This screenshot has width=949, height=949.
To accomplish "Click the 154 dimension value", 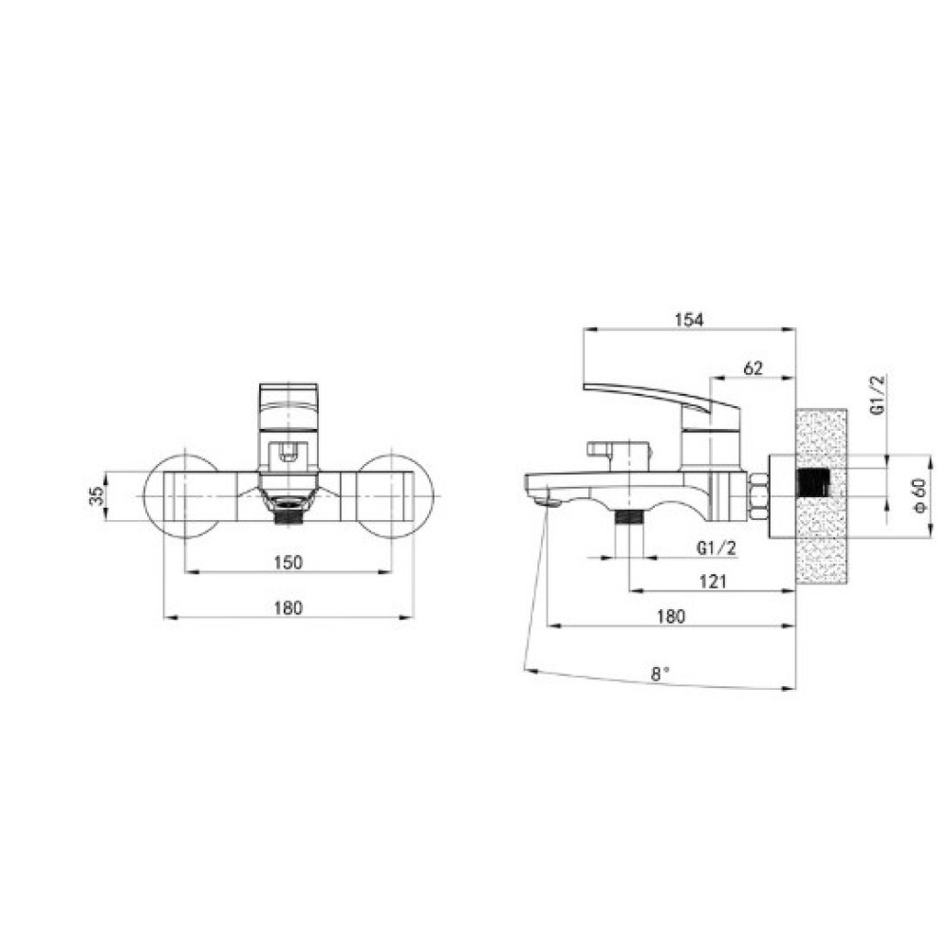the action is [x=689, y=320].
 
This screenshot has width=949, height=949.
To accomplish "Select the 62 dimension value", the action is [x=753, y=368].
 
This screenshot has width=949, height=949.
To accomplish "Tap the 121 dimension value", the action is [x=713, y=582].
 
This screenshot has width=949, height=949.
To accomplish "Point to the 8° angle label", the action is [x=661, y=674].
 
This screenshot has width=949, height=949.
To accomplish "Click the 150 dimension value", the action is [x=288, y=562].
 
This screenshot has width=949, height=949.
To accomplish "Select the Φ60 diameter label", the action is [x=920, y=495].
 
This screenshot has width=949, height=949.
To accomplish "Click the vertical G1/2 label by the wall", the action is [x=878, y=395].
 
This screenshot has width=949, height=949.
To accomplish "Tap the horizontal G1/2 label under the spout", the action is [x=716, y=549].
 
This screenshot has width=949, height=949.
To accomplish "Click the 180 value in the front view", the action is [x=288, y=607].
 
